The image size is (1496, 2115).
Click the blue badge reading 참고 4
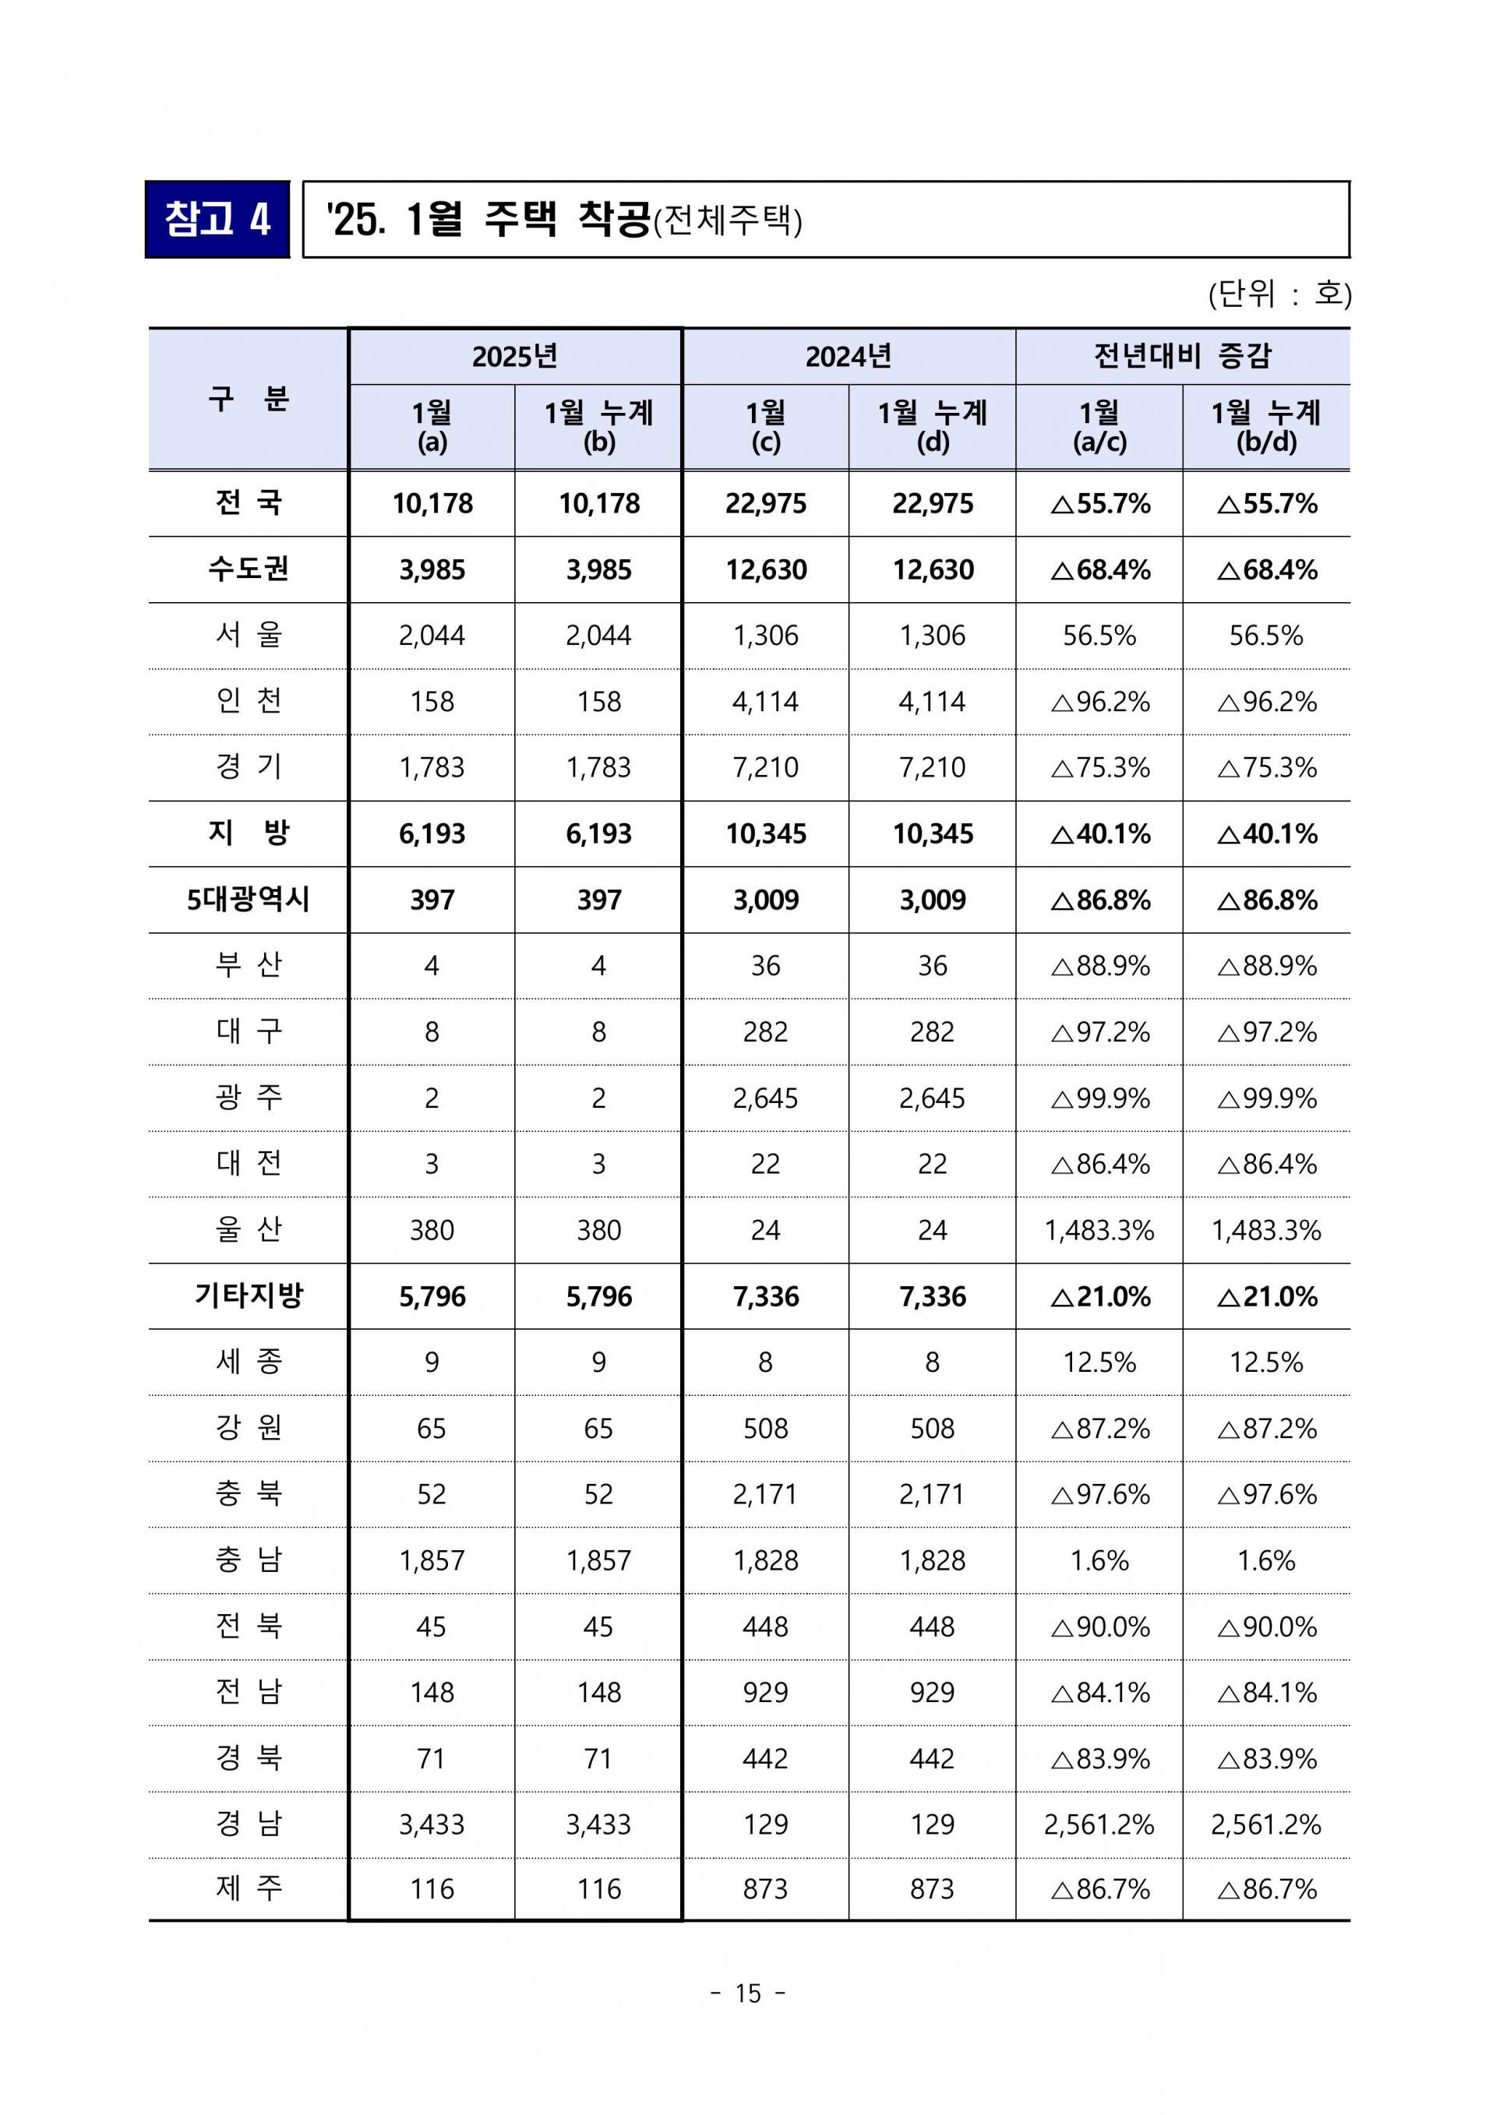coord(217,219)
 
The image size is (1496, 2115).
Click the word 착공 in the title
coord(613,219)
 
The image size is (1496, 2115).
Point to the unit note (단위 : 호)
coord(1279,294)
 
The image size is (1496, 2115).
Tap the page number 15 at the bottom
coord(748,1993)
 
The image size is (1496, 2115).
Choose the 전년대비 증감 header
coord(1182,355)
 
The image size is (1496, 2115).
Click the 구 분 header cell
coord(249,399)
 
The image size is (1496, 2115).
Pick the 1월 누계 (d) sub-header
coord(932,426)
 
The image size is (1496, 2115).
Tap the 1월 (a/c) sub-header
coord(1099,426)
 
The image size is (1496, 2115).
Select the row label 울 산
coord(249,1230)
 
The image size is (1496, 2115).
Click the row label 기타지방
coord(249,1296)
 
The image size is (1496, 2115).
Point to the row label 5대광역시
coord(249,900)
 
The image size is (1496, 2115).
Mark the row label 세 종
coord(249,1362)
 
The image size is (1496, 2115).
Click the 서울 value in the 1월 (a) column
coord(432,636)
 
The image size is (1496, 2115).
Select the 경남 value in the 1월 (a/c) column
coord(1099,1825)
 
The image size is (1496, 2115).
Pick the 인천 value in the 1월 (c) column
coord(765,702)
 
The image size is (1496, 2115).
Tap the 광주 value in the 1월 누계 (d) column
coord(932,1098)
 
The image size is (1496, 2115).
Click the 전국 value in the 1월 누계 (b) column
coord(598,504)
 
